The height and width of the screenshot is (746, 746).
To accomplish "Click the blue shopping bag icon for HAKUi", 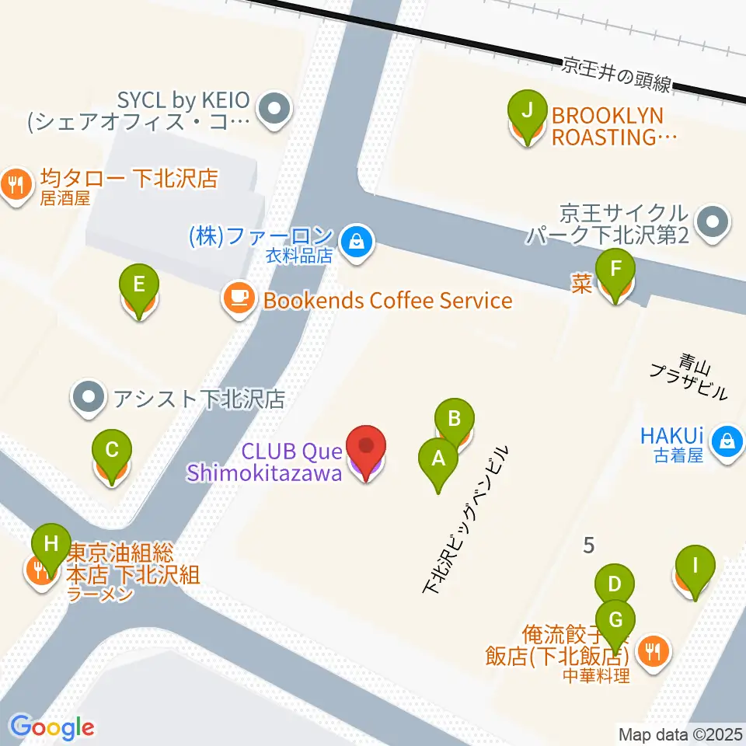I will tap(727, 442).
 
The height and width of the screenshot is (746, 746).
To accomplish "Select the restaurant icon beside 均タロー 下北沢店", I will tap(16, 185).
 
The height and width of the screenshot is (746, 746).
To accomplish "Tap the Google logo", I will tap(52, 727).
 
